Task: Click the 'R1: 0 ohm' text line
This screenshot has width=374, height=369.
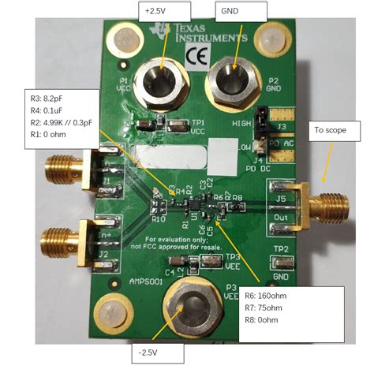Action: pos(51,136)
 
